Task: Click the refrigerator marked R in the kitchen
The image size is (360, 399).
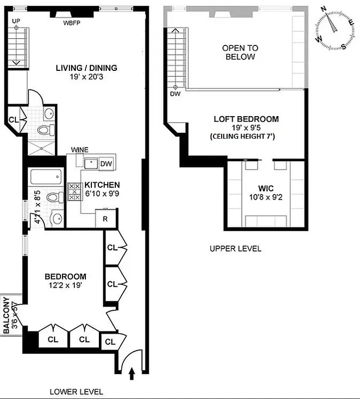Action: click(106, 219)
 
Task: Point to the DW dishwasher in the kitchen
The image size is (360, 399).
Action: click(106, 164)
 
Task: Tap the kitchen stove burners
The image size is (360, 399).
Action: click(74, 192)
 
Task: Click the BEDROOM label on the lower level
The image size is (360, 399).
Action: click(65, 276)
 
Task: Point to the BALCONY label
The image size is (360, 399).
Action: click(6, 315)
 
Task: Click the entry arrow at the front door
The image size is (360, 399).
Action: click(132, 372)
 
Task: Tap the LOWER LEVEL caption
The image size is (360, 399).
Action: click(76, 392)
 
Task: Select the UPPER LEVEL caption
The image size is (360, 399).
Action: click(235, 248)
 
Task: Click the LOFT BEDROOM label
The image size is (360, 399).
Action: click(246, 119)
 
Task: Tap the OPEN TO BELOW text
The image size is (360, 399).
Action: click(240, 52)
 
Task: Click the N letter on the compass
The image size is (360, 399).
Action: click(324, 9)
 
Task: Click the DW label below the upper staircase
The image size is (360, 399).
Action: click(175, 94)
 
